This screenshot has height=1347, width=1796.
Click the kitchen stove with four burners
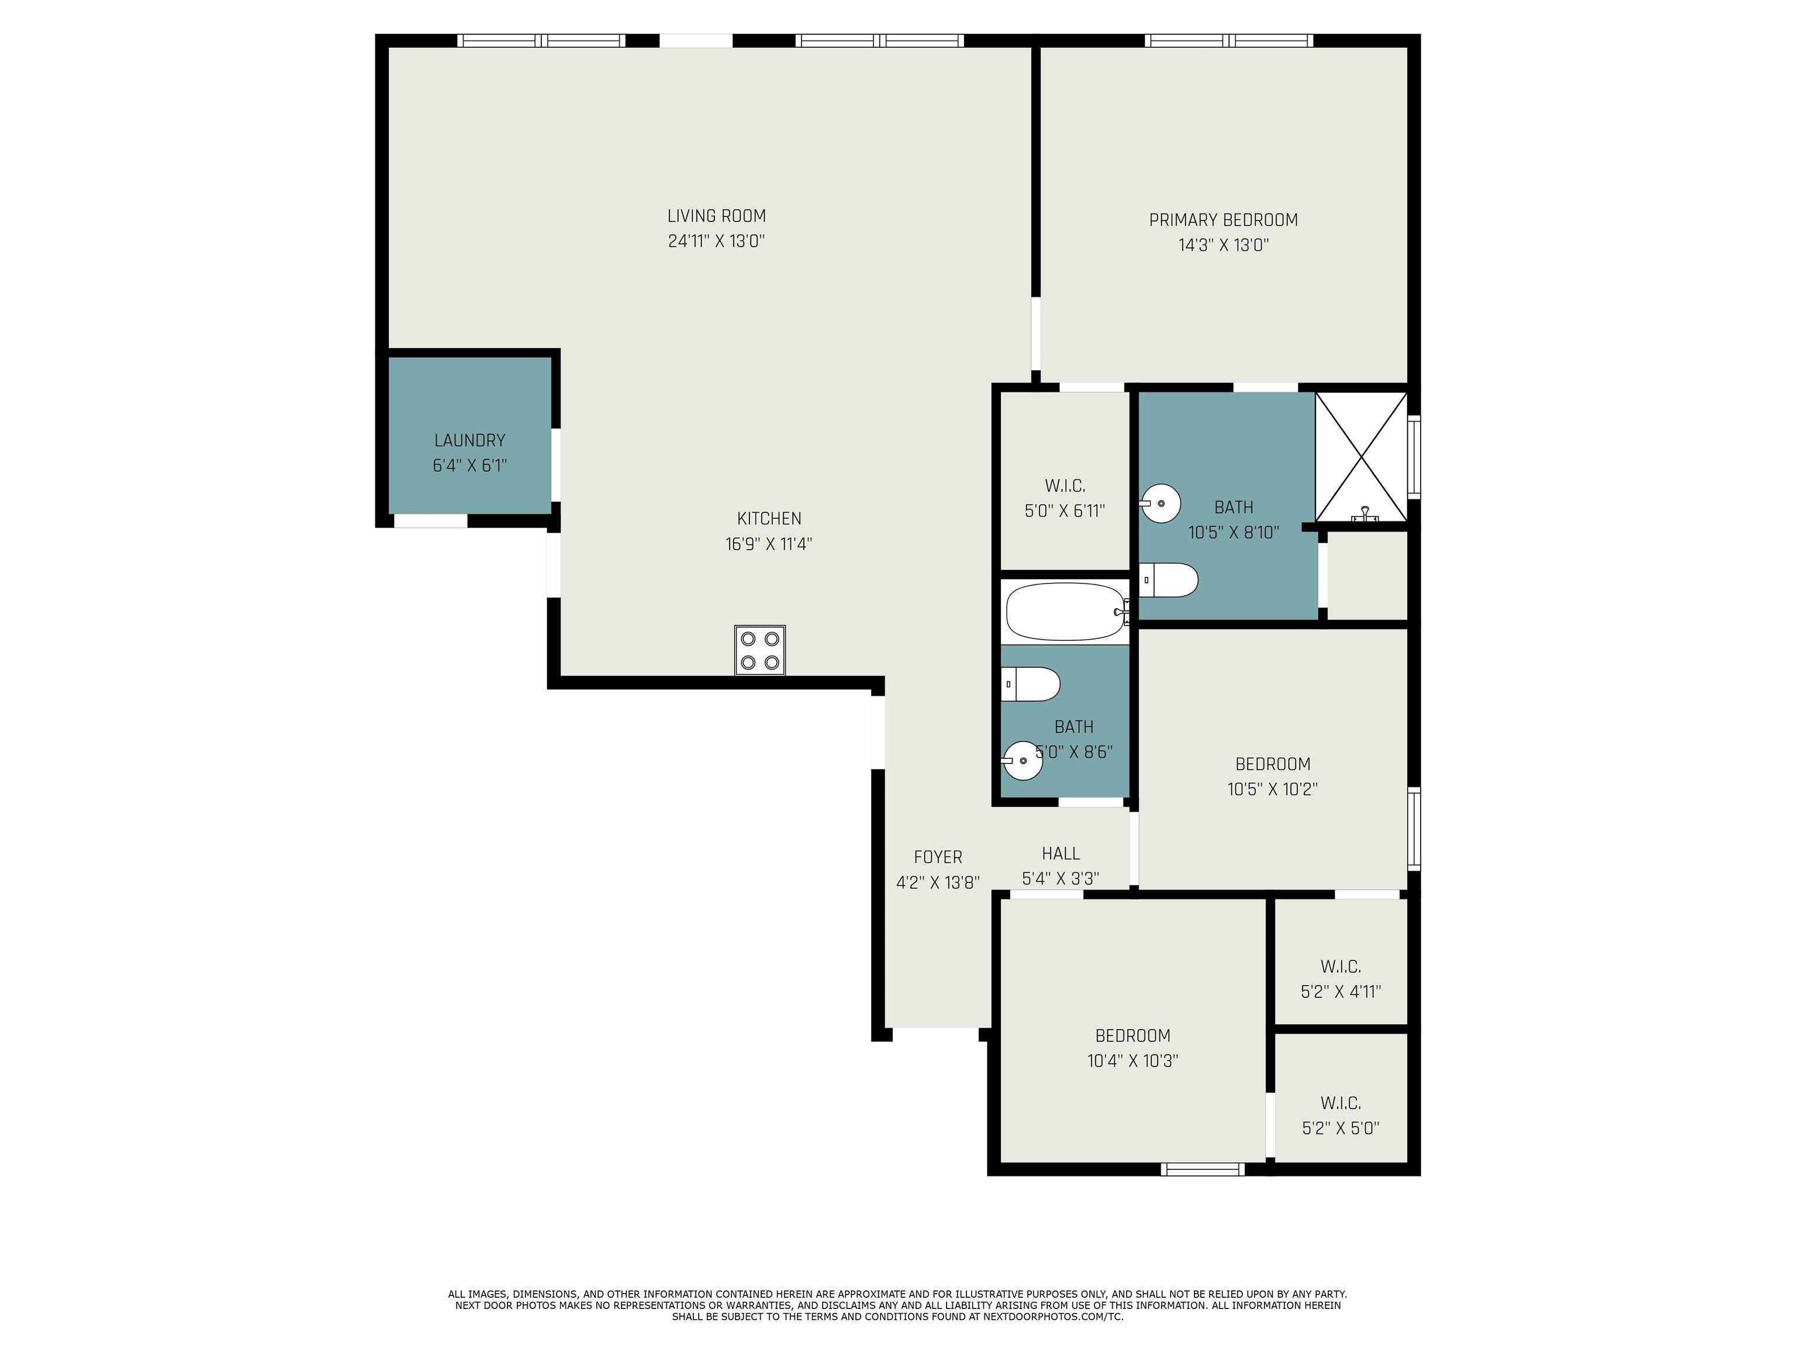[x=760, y=650]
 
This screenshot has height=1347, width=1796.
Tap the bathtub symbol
[x=1066, y=612]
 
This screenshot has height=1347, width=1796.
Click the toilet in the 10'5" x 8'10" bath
[x=1168, y=580]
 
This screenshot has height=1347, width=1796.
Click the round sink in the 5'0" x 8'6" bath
[x=1022, y=761]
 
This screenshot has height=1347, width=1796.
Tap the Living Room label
[x=716, y=216]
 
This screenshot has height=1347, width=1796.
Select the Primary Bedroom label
[x=1224, y=220]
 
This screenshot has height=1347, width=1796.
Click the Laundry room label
[x=469, y=440]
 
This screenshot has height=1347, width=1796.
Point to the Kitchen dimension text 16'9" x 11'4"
[x=769, y=544]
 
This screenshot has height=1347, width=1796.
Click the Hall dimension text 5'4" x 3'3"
[x=1061, y=879]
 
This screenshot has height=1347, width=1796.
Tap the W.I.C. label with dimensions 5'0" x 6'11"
[x=1065, y=485]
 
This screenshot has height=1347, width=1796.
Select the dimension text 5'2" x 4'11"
[x=1341, y=992]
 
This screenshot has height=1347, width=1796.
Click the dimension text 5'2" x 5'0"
[x=1341, y=1128]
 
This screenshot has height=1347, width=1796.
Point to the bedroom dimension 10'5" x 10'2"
[x=1272, y=789]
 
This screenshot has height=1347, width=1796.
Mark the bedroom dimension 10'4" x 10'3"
[x=1132, y=1061]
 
